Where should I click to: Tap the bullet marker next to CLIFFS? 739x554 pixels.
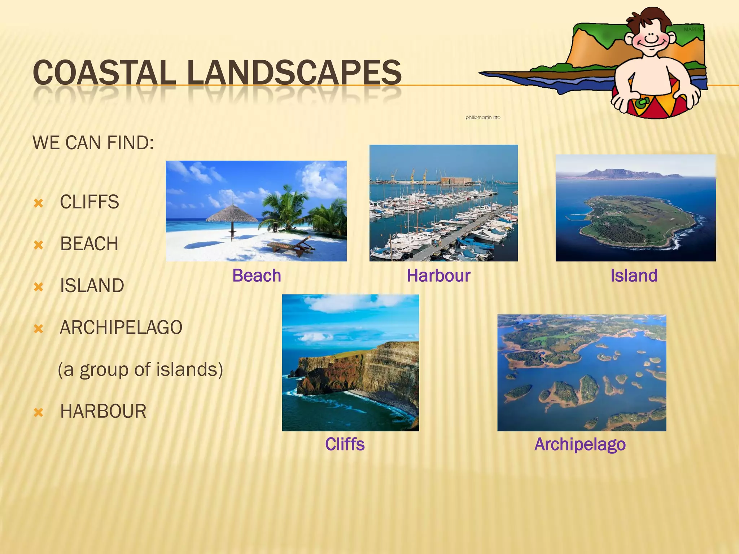[38, 203]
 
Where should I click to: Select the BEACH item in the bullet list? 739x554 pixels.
[89, 244]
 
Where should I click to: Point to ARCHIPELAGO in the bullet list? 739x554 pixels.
[121, 327]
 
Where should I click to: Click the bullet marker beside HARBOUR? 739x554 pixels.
[38, 412]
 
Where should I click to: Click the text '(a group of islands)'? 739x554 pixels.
[140, 369]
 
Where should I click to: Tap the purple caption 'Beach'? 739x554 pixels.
[257, 276]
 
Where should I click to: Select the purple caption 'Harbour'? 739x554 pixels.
[438, 276]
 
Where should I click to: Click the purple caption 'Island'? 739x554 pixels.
[634, 276]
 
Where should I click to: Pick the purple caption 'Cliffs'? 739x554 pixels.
[345, 444]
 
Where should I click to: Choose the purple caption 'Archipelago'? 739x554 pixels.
[580, 444]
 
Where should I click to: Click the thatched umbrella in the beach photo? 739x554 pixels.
[232, 214]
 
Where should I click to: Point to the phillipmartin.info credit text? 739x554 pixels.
[483, 117]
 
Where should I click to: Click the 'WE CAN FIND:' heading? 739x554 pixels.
[93, 143]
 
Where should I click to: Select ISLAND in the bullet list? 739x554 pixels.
[92, 286]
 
